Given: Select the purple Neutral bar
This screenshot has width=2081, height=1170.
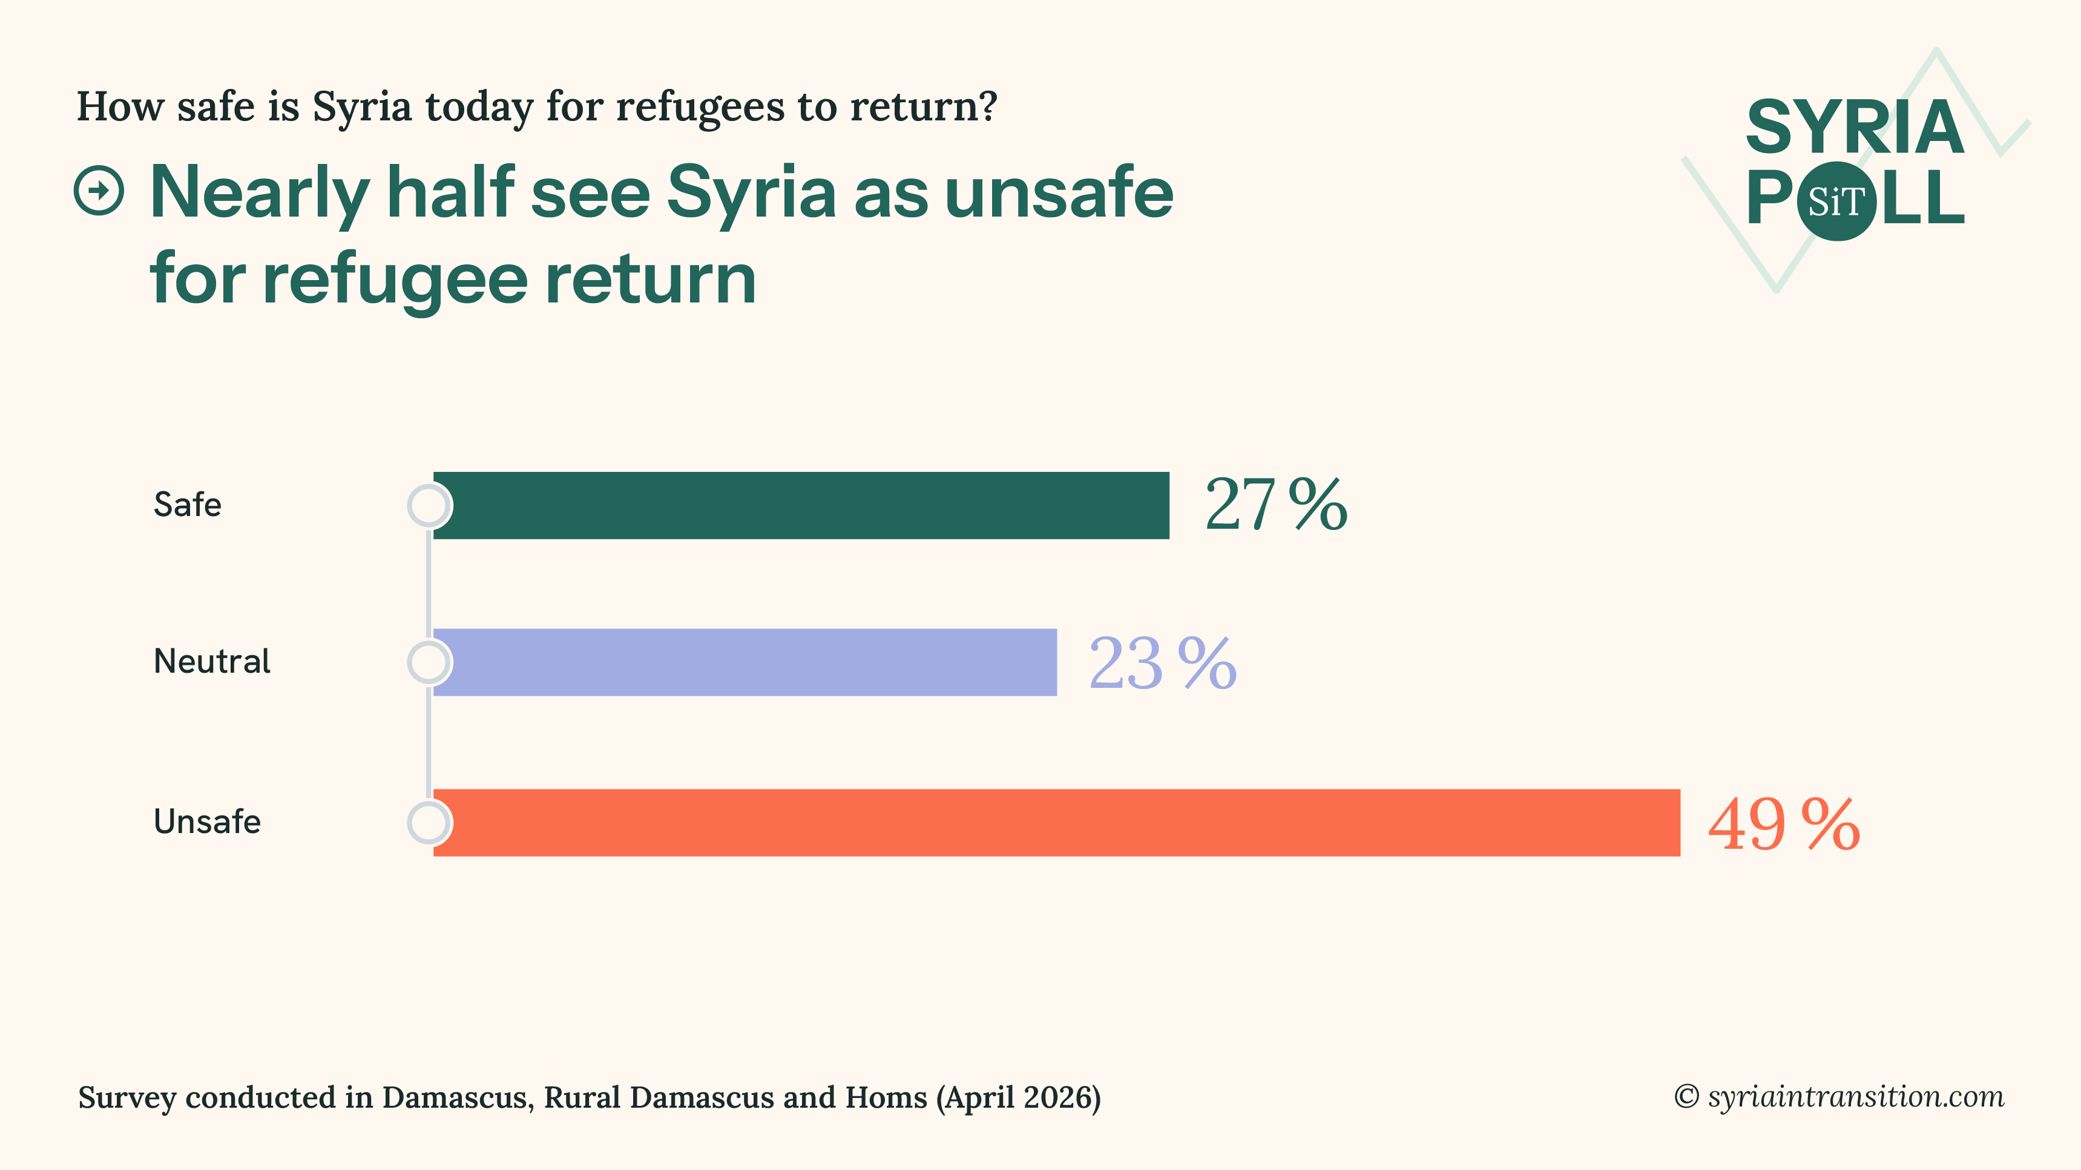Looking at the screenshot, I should [x=744, y=662].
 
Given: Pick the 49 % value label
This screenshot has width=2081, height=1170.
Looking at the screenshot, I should [x=1784, y=825].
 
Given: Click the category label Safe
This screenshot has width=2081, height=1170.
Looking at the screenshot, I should [x=188, y=505].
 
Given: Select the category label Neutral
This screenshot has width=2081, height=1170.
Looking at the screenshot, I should [x=212, y=661].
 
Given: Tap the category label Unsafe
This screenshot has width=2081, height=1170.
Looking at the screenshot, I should [x=207, y=822].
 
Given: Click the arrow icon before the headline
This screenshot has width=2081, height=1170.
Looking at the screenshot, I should [x=99, y=191].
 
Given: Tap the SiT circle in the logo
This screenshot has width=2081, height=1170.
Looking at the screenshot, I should [x=1836, y=201].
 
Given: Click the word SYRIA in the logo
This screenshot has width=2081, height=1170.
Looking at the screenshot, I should [x=1855, y=128].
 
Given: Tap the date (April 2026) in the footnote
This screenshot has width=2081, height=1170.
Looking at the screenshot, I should [x=1019, y=1097].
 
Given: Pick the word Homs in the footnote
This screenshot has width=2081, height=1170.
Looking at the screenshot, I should [x=886, y=1097].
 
